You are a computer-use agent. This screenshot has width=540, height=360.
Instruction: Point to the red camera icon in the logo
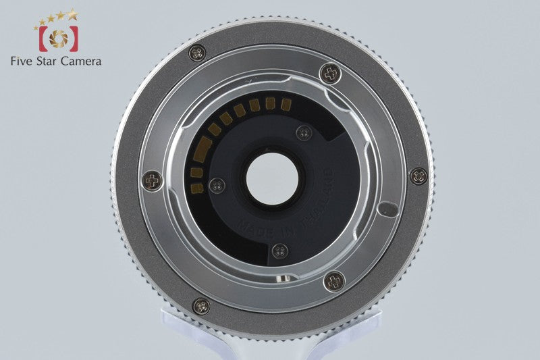(59, 38)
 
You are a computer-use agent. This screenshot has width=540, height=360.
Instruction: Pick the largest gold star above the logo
(72, 14)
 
